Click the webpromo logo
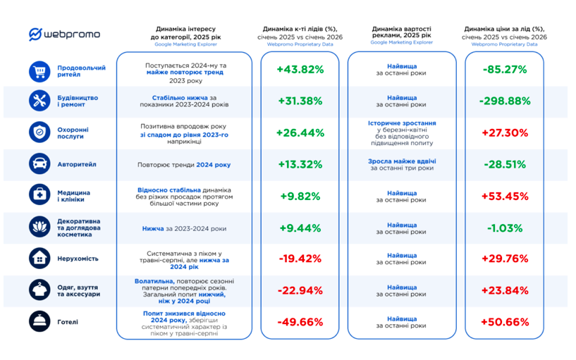click(x=65, y=35)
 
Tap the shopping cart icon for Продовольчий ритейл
click(x=39, y=70)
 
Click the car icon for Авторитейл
click(x=39, y=164)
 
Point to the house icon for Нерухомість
click(x=39, y=259)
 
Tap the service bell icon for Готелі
click(x=39, y=322)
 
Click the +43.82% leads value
click(x=300, y=70)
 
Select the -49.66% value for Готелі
click(x=300, y=322)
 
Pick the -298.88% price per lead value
click(x=505, y=101)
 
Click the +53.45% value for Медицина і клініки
click(x=505, y=196)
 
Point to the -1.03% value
click(x=505, y=228)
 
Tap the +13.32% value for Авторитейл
click(x=300, y=165)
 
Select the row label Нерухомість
click(x=78, y=259)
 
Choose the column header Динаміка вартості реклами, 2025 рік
click(x=402, y=33)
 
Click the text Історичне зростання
click(x=401, y=123)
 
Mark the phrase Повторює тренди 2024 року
click(x=184, y=165)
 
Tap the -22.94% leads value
click(x=300, y=290)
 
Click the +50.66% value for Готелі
click(x=505, y=322)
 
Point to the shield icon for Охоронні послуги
click(x=39, y=132)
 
